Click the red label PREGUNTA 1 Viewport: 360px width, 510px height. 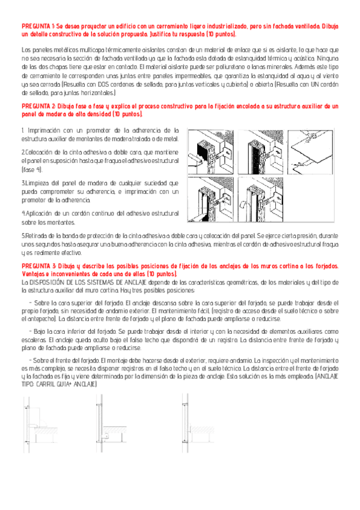coord(37,28)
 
